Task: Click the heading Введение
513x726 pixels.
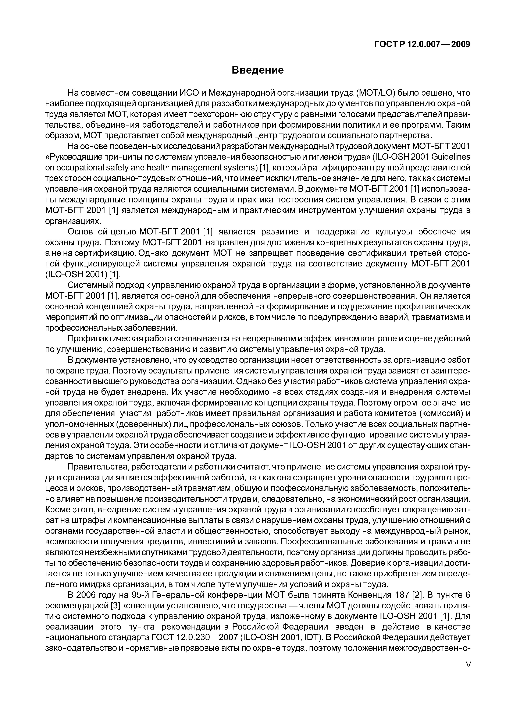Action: click(x=258, y=70)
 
